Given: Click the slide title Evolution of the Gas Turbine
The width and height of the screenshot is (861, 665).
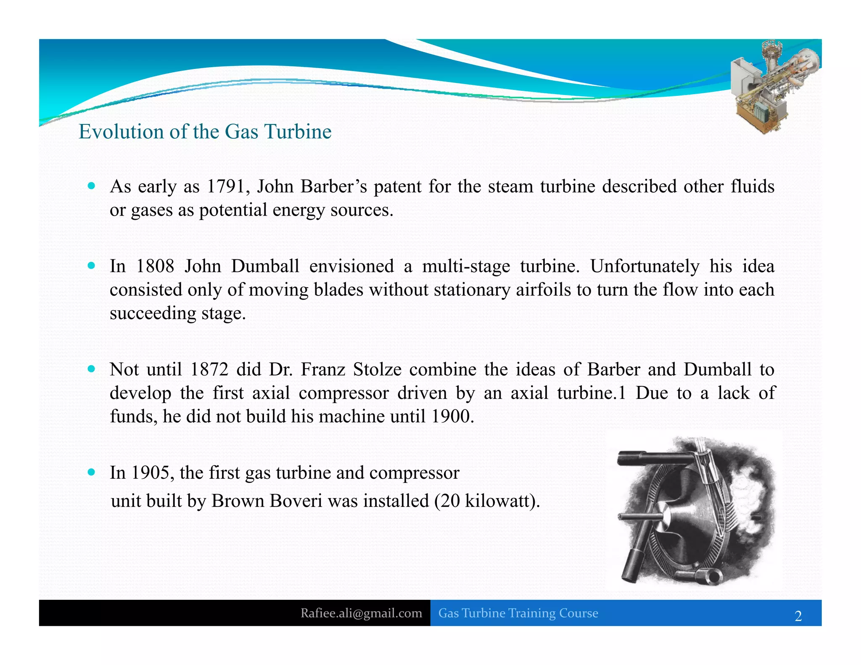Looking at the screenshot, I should coord(205,132).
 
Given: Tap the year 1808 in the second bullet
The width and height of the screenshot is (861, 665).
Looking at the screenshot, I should coord(155,267).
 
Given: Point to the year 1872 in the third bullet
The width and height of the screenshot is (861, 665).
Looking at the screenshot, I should coord(209,369).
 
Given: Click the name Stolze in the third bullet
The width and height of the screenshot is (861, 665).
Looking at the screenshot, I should coord(377,369).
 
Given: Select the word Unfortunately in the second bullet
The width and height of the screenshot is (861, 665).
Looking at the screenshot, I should coord(644,267).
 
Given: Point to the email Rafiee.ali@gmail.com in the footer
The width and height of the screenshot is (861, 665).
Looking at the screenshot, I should coord(361,613).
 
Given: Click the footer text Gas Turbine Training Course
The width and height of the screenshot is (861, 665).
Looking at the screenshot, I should coord(518,613).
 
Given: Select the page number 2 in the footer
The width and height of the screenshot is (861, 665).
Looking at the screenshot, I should coord(798,616).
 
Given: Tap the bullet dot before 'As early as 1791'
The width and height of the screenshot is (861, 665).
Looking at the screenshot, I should coord(92,186).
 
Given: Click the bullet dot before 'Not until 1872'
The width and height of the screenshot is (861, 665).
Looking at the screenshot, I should coord(92,369).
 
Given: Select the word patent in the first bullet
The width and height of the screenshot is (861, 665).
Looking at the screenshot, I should coord(397,187).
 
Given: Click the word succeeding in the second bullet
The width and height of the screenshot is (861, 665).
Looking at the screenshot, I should coord(153,314).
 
